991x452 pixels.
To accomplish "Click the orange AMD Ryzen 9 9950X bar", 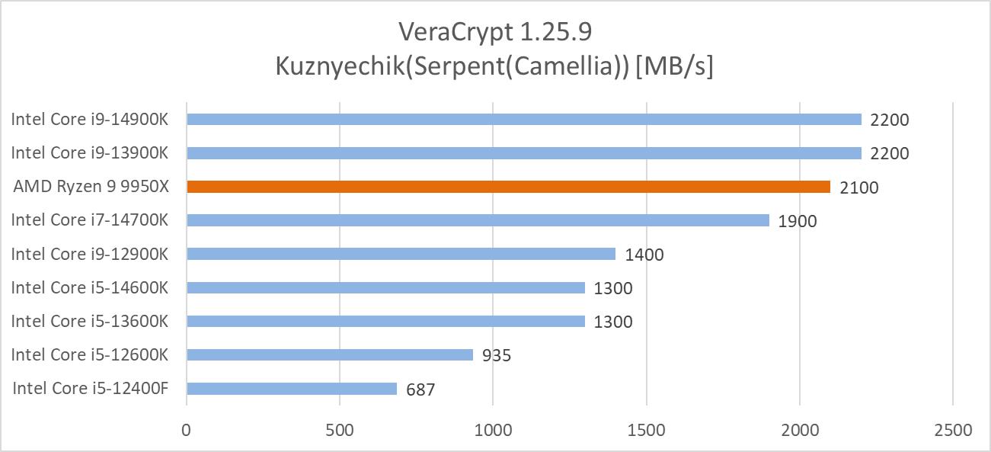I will point(508,187).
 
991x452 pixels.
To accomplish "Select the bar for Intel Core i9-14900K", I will point(523,120).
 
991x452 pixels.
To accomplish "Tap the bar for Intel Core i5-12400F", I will point(292,389).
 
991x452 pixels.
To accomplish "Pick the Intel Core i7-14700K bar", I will point(478,220).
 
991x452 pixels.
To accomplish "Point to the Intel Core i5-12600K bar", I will point(330,354).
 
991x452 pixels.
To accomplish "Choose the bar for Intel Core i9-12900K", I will point(401,254).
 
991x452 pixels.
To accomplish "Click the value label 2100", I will point(858,188).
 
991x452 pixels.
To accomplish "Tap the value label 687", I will point(420,389).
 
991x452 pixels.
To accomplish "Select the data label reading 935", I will point(497,355).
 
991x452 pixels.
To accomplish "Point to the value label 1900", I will point(797,221).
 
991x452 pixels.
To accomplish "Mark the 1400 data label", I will point(644,255).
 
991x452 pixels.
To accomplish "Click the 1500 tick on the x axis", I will point(646,430).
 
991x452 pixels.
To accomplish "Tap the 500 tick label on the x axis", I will point(340,430).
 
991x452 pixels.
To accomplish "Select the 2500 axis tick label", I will point(952,430).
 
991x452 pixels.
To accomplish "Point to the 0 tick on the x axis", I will point(187,430).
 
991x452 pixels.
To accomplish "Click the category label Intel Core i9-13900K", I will point(89,153).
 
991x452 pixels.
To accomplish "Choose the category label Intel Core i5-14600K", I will point(89,287).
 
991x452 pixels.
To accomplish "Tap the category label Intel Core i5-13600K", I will point(89,321).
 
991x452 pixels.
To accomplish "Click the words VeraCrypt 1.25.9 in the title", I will point(495,32).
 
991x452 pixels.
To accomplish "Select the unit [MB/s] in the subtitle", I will point(674,67).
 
